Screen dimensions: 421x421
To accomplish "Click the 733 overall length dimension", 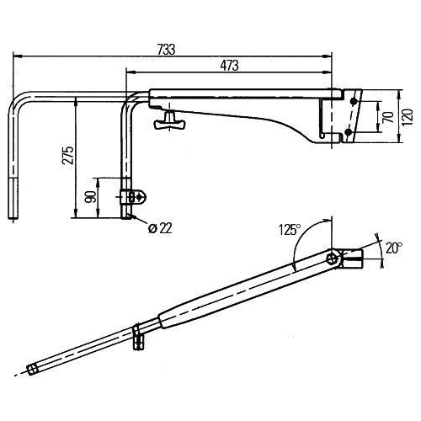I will click(167, 49).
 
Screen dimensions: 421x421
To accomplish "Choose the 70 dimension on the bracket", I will click(386, 117).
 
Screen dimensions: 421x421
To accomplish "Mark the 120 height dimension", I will click(408, 117).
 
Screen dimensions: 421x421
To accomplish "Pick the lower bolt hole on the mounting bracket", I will click(344, 131).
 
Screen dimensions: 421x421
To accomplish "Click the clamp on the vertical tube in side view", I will click(136, 197).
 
